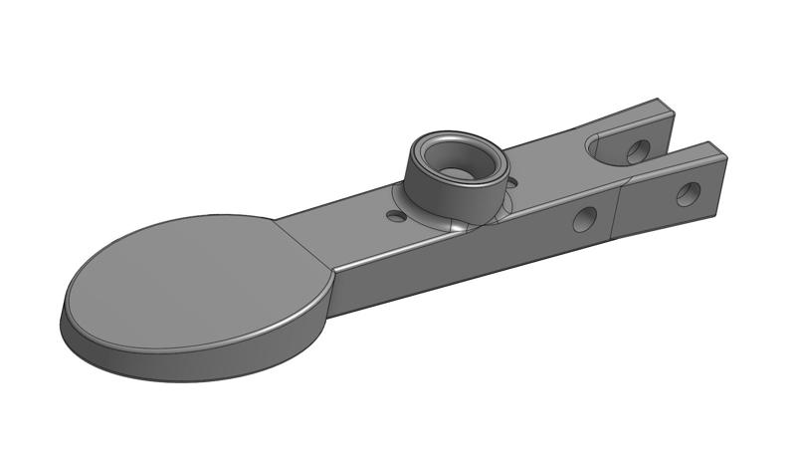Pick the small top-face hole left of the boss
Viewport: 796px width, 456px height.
(396, 215)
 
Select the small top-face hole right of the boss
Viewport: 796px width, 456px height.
(511, 182)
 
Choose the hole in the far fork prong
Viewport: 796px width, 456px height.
(637, 151)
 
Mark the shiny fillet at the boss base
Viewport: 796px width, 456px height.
(457, 227)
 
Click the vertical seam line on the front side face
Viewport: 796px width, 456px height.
(615, 214)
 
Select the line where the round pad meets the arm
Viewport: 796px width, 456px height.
(303, 244)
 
